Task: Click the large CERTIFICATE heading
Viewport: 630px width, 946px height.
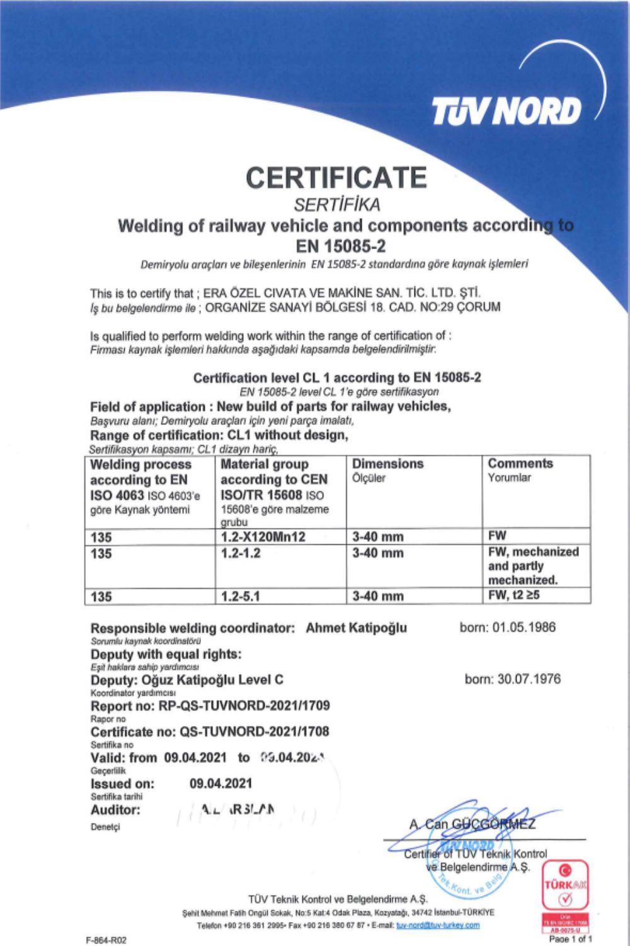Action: pos(336,178)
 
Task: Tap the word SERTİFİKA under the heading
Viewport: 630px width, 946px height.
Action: pos(337,204)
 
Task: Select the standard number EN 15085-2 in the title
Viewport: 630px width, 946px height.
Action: pos(341,246)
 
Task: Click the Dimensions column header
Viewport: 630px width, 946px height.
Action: pos(387,464)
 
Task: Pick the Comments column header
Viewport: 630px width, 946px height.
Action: pos(520,463)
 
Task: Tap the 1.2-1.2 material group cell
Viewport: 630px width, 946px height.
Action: pos(241,553)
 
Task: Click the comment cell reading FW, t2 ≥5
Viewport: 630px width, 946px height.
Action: pos(513,595)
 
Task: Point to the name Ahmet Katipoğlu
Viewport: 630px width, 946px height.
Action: pos(356,628)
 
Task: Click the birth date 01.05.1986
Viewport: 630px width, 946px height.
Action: pos(507,627)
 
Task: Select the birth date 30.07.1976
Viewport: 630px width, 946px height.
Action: pos(512,679)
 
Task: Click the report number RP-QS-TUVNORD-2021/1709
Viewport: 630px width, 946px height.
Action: pos(244,706)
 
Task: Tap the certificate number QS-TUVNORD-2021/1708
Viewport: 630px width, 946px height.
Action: pos(254,732)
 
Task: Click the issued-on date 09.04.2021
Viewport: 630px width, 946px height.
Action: pos(220,783)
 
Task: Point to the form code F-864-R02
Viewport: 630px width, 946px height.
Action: pos(106,940)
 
